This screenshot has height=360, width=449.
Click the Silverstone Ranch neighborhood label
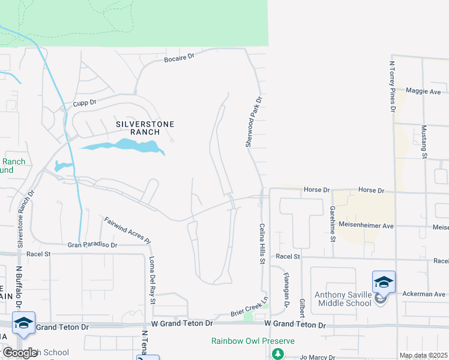145,128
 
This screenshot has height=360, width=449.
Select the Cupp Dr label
85,103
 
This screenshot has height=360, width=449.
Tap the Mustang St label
424,142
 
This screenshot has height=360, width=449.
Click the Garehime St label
333,223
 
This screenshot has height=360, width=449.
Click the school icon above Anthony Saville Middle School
384,281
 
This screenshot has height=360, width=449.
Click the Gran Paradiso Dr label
92,245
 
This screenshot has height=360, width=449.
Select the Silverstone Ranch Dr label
25,219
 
